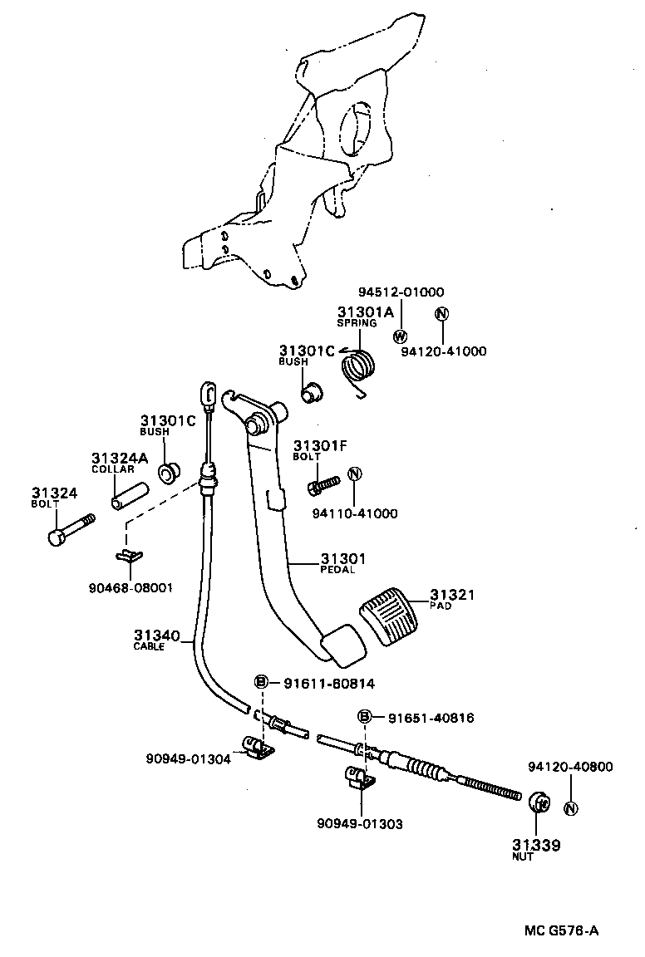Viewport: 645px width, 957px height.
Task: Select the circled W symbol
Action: (x=400, y=336)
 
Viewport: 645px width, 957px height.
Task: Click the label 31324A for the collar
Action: (x=121, y=458)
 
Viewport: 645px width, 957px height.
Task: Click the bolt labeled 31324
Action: (x=71, y=529)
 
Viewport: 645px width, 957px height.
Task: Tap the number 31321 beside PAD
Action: (x=452, y=595)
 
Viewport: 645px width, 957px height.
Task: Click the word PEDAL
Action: (x=337, y=569)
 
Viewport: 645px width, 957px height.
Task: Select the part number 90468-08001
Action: (x=130, y=588)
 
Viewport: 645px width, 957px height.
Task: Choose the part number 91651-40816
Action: (x=431, y=718)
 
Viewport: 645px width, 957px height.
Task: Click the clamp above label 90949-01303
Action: (x=361, y=778)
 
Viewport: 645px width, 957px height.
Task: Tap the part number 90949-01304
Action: (x=188, y=758)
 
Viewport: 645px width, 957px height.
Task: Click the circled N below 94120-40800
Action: (x=571, y=808)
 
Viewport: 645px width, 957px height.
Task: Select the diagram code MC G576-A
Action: (x=561, y=930)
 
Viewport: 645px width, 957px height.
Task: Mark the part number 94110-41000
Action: (x=355, y=513)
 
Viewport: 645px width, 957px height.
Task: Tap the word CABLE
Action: (x=149, y=647)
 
